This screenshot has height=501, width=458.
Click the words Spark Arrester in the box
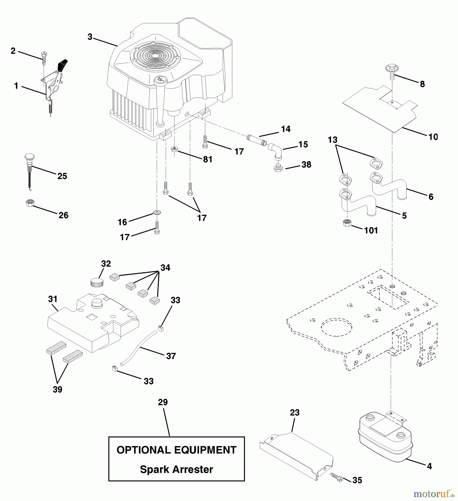pyautogui.click(x=176, y=469)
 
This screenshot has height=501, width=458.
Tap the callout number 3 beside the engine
pyautogui.click(x=90, y=37)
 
